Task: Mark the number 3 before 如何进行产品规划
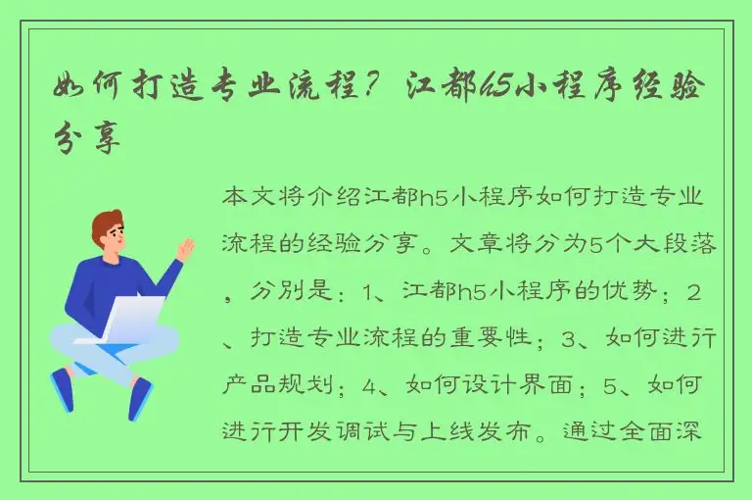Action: click(571, 339)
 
